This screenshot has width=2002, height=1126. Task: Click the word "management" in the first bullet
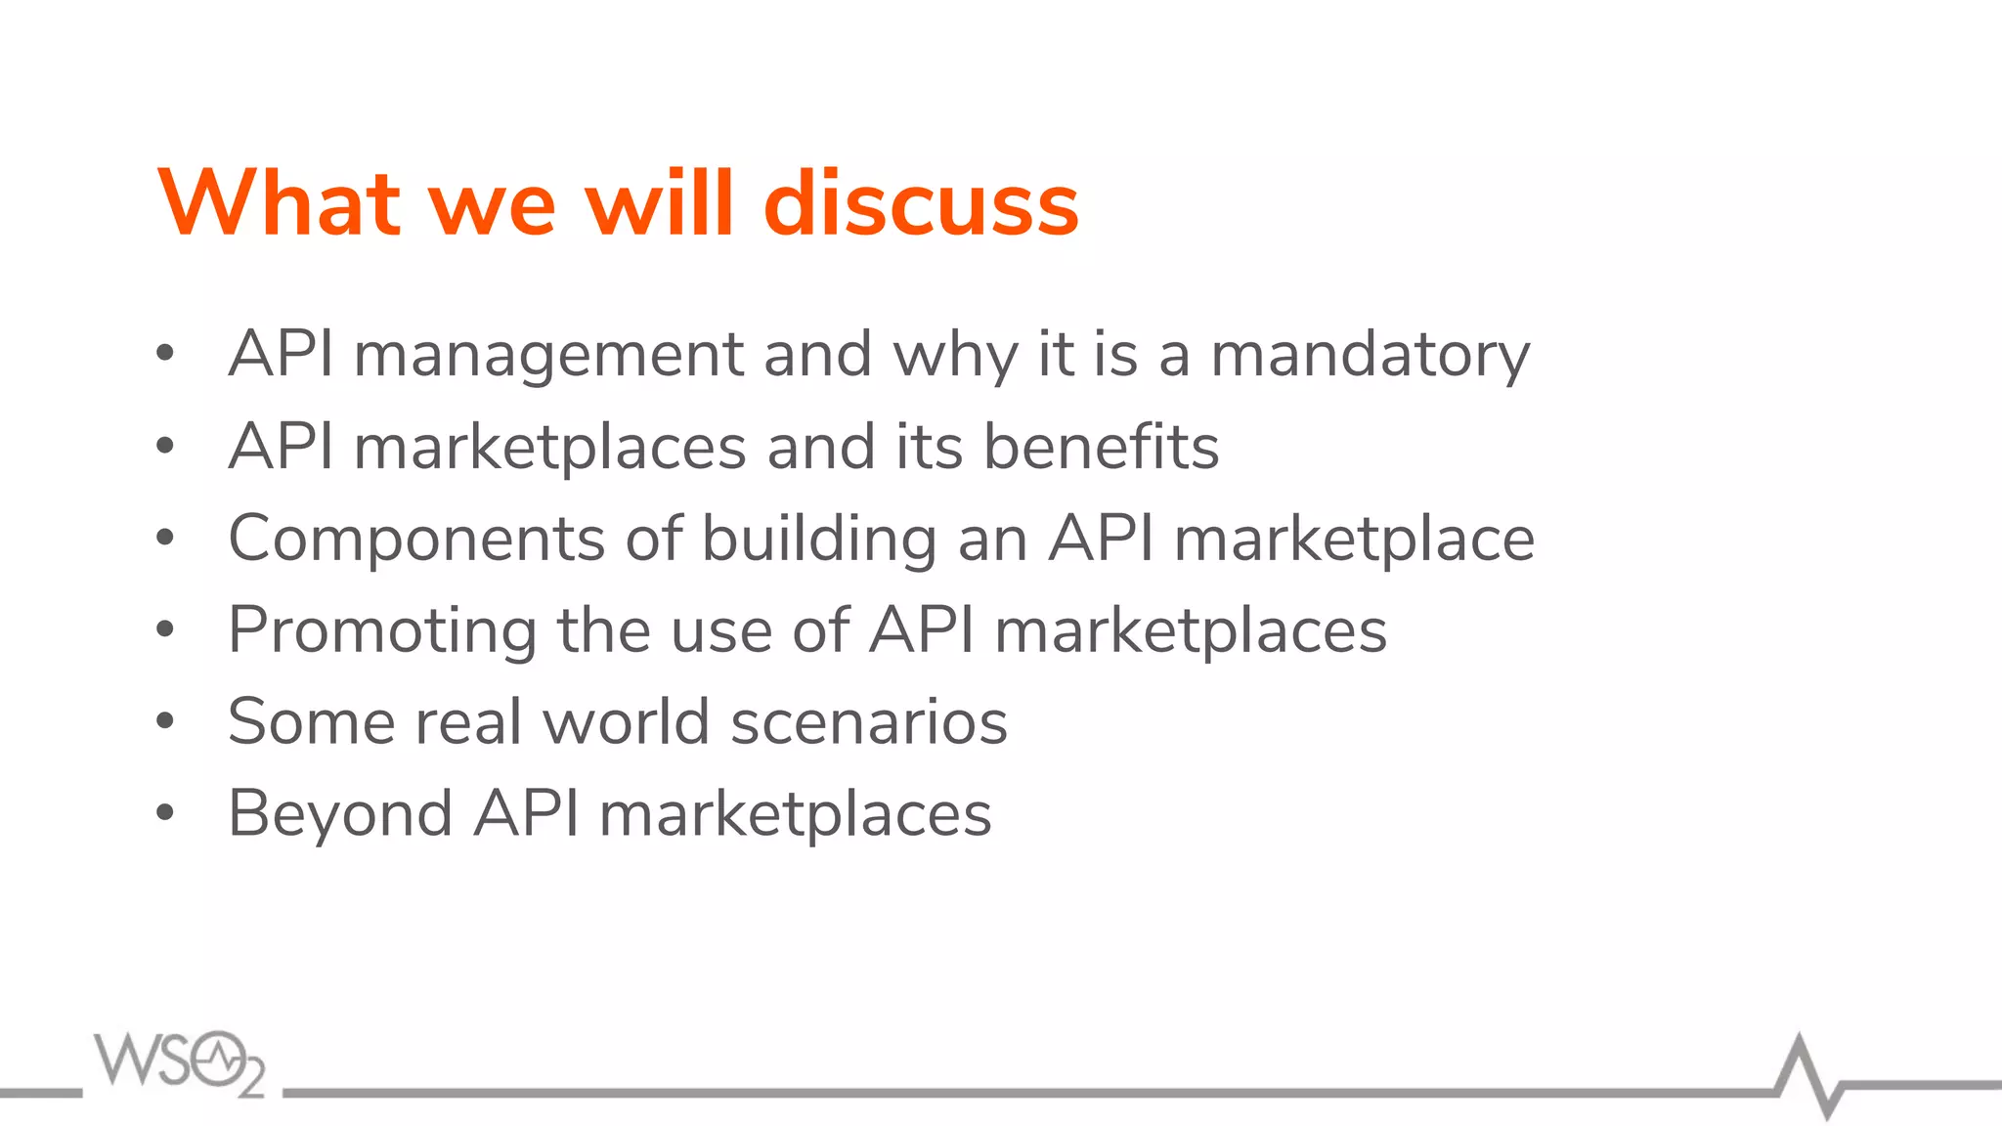[548, 354]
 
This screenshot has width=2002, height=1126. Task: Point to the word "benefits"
[1101, 447]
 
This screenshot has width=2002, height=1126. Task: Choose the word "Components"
[416, 539]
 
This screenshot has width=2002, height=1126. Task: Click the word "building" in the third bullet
[819, 539]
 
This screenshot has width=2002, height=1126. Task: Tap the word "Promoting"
[382, 630]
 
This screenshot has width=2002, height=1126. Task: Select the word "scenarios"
[869, 721]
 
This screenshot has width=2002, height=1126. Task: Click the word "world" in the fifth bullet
[626, 721]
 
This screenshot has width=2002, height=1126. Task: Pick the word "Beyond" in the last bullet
[340, 813]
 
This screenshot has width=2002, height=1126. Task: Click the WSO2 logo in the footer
[180, 1062]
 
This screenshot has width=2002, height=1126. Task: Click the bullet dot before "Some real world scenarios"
[165, 721]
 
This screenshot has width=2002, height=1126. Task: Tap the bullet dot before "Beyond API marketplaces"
[165, 812]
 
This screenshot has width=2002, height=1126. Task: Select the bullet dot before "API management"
[165, 354]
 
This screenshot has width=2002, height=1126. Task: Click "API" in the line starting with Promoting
[922, 630]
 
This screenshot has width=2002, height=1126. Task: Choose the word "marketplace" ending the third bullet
[1354, 539]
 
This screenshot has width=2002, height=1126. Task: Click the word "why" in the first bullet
[955, 354]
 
